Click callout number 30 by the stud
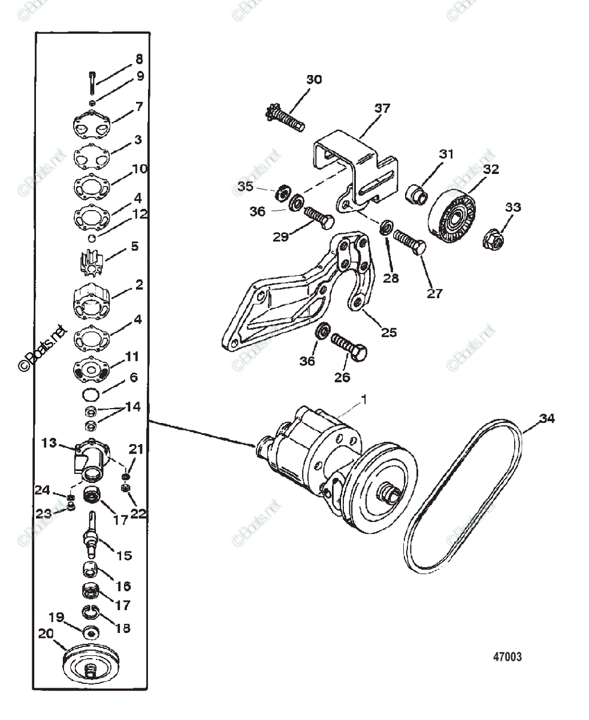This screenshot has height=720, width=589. coord(314,80)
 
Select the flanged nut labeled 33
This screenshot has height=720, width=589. coord(496,238)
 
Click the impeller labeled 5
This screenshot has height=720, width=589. coord(92,262)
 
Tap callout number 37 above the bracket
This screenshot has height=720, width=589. coord(382,109)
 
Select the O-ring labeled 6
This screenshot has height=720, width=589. coord(91,394)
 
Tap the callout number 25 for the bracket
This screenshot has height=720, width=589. coord(389,332)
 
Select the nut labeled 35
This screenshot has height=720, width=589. coord(280,194)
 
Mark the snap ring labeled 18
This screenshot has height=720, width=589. coord(90,613)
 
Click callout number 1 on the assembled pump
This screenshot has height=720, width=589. coord(364,398)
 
